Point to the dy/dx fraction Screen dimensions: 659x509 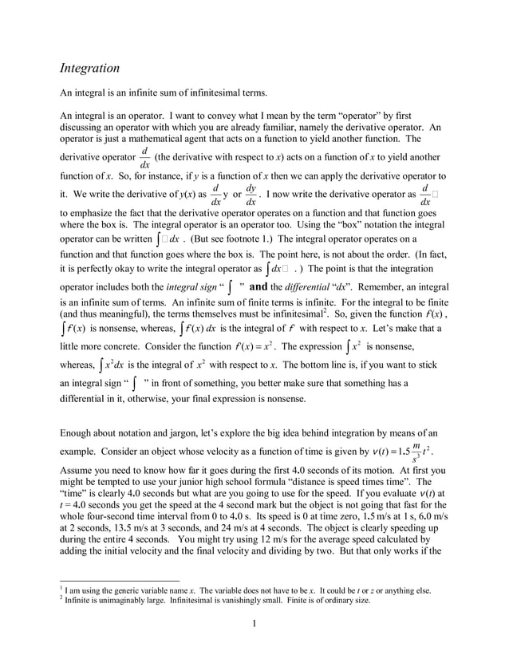[251, 194]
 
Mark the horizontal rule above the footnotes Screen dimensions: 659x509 [120, 581]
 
